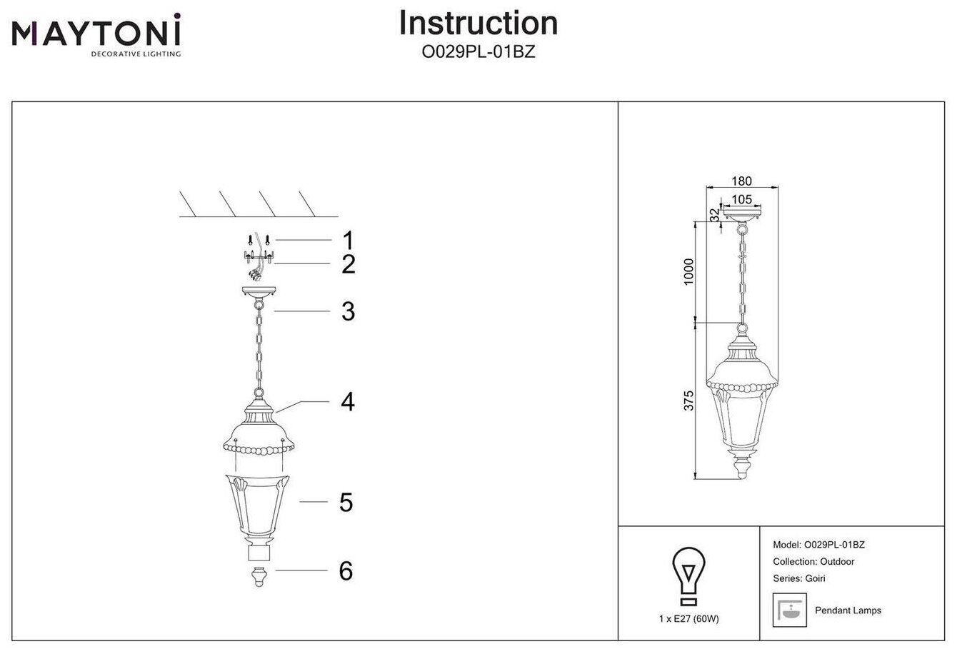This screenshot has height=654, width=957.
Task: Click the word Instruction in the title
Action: pyautogui.click(x=478, y=23)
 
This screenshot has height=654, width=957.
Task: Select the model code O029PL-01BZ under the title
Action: pyautogui.click(x=478, y=53)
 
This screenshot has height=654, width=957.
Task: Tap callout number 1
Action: pyautogui.click(x=348, y=240)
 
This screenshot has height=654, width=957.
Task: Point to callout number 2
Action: pyautogui.click(x=348, y=265)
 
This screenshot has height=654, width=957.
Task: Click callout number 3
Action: pyautogui.click(x=348, y=311)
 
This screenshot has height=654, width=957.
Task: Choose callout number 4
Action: pyautogui.click(x=348, y=402)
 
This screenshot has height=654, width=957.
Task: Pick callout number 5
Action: pyautogui.click(x=346, y=503)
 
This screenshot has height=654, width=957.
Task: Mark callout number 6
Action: pyautogui.click(x=346, y=570)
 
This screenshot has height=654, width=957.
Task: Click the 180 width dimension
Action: pyautogui.click(x=742, y=183)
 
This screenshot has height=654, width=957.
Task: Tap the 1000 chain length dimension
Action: pyautogui.click(x=688, y=271)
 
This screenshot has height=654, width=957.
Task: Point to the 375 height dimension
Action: pyautogui.click(x=688, y=401)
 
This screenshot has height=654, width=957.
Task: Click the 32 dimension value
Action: pyautogui.click(x=714, y=213)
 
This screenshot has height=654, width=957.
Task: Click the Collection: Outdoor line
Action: pyautogui.click(x=813, y=562)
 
